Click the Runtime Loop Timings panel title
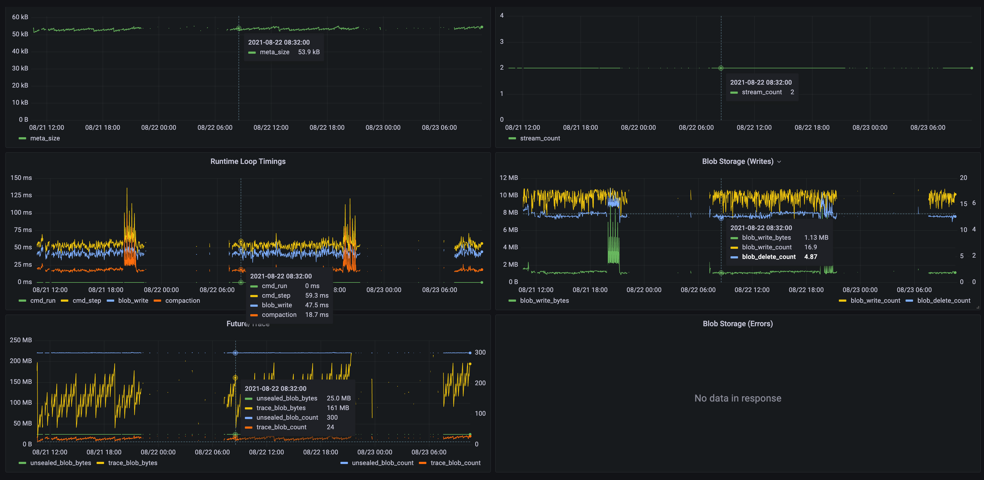[x=248, y=161]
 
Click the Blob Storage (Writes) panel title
[x=737, y=161]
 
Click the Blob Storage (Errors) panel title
[x=738, y=324]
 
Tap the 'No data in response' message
[x=738, y=398]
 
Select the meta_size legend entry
[x=45, y=138]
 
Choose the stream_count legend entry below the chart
[x=540, y=138]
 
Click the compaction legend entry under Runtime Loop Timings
[x=182, y=301]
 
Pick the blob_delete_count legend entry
[x=943, y=301]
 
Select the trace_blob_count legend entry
[x=455, y=463]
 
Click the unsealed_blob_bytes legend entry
[x=60, y=463]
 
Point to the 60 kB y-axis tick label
[x=20, y=17]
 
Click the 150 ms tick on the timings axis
[x=21, y=178]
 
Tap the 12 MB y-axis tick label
[x=509, y=178]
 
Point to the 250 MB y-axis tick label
[x=21, y=340]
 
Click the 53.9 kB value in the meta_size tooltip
[x=309, y=52]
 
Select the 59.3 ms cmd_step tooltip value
[x=317, y=296]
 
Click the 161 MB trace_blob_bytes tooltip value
[x=338, y=408]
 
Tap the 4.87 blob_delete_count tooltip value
[x=811, y=257]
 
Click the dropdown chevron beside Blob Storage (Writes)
[x=779, y=162]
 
